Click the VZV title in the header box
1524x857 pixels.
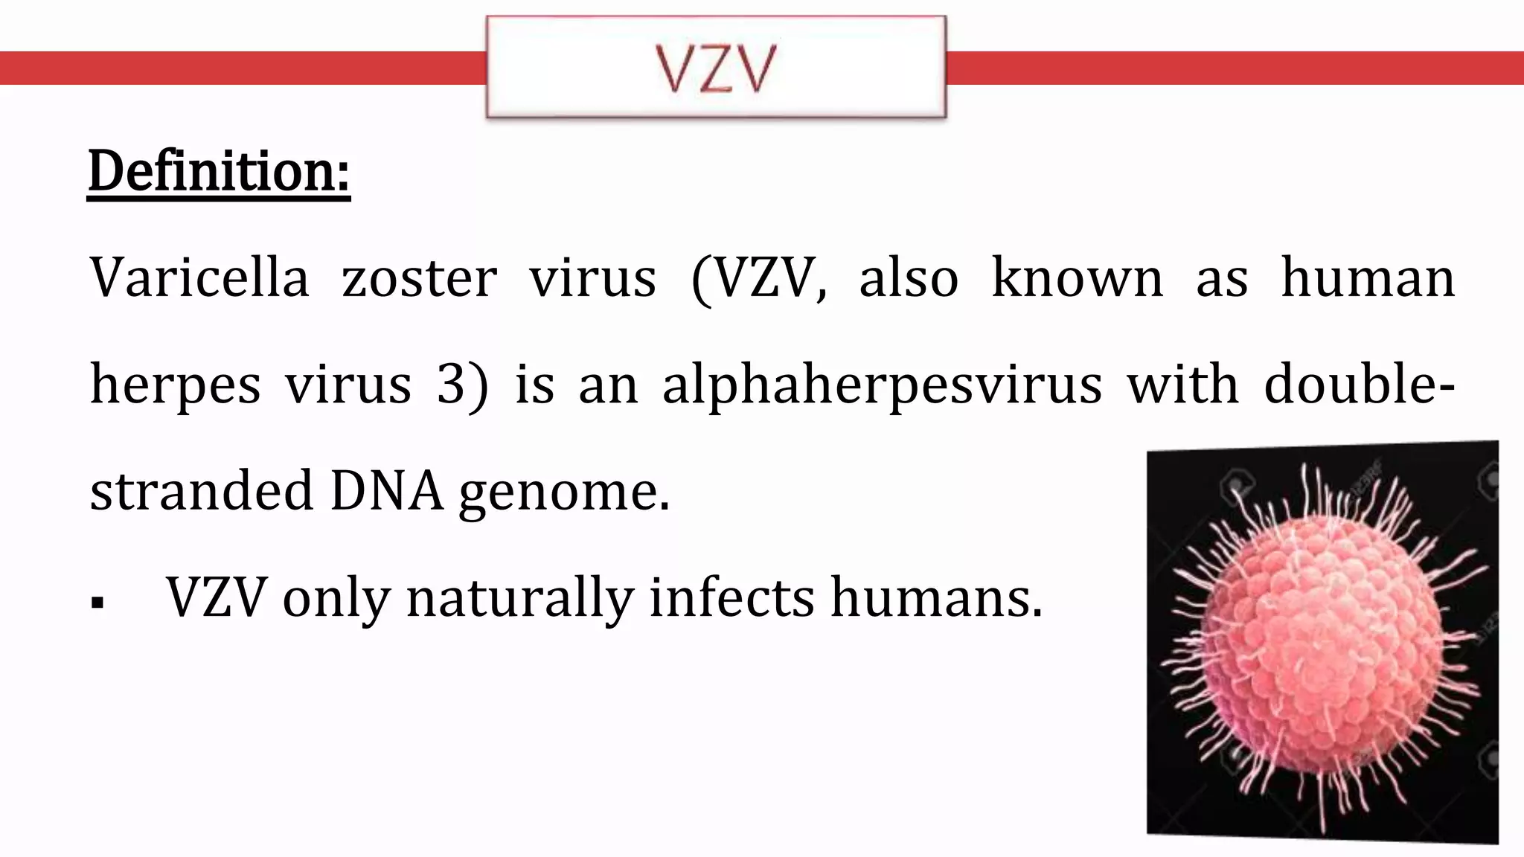tap(716, 68)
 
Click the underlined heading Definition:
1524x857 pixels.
tap(219, 171)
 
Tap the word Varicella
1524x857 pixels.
tap(199, 278)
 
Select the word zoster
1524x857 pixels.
tap(419, 278)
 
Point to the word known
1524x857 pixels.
tap(1077, 278)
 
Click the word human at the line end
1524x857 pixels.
tap(1368, 278)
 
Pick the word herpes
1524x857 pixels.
tap(176, 385)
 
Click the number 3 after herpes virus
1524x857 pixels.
tap(452, 385)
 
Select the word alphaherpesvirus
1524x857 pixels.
tap(882, 385)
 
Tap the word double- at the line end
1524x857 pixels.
tap(1360, 384)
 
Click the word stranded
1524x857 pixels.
tap(202, 491)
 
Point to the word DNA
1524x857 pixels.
tap(386, 491)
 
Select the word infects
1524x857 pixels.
tap(731, 597)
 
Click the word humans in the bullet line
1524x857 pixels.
tap(937, 598)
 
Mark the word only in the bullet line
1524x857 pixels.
tap(336, 598)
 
